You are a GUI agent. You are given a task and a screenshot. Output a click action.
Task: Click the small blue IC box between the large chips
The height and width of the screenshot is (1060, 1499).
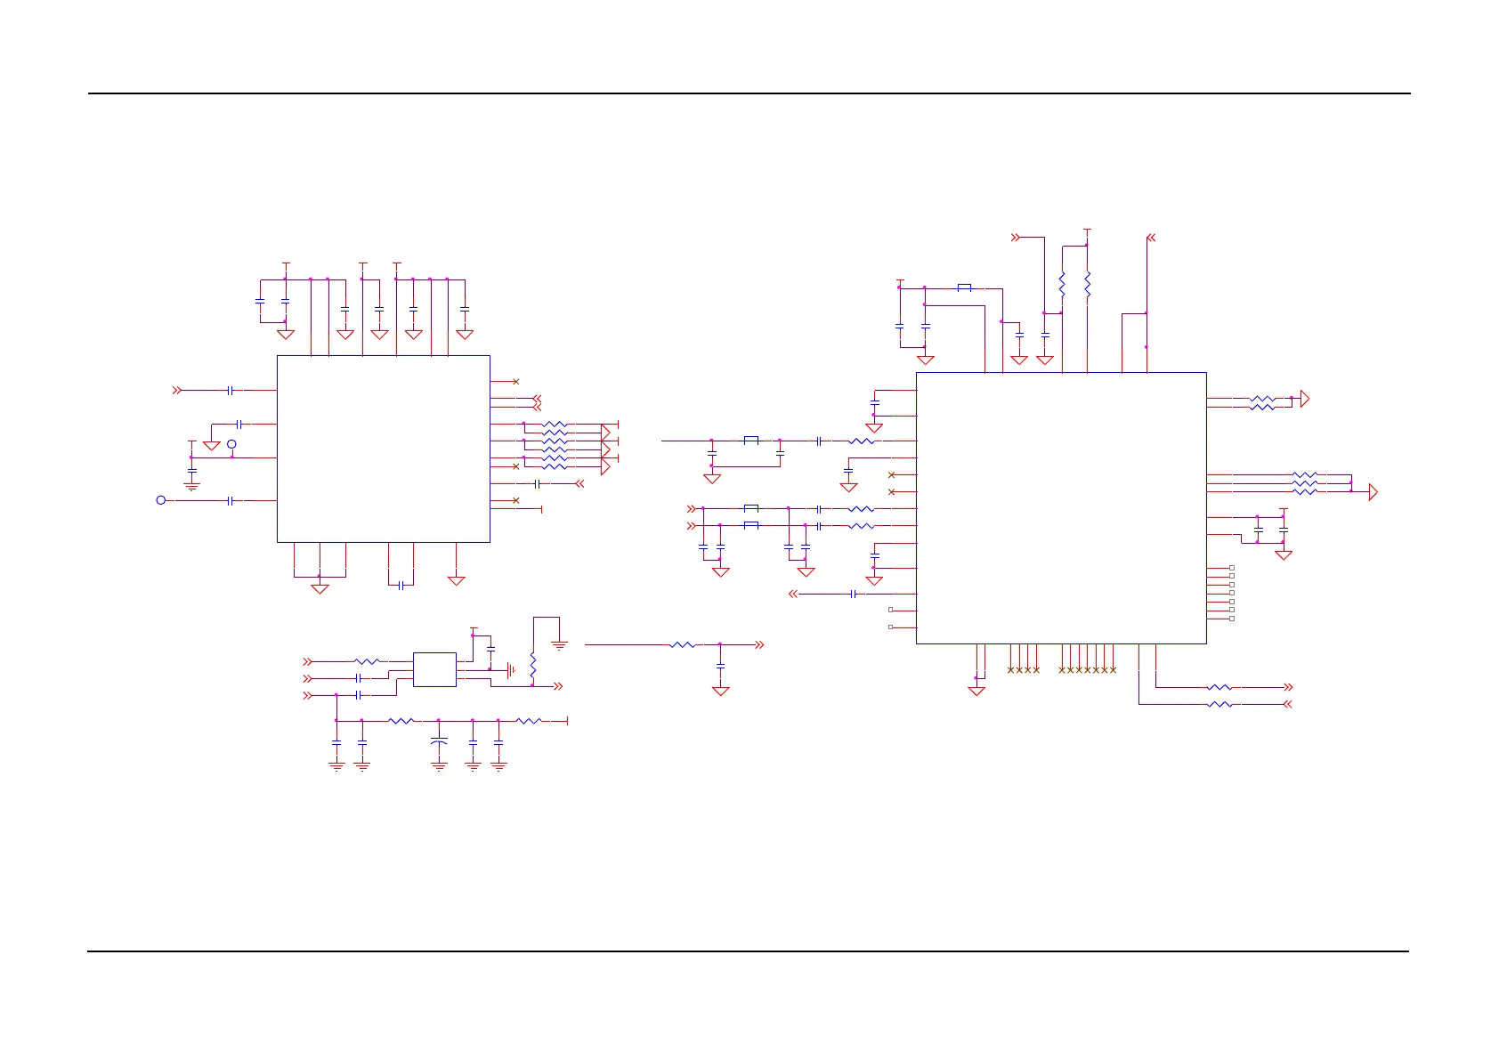tap(434, 669)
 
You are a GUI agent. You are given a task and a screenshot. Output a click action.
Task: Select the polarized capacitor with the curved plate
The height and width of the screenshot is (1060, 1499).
tap(439, 741)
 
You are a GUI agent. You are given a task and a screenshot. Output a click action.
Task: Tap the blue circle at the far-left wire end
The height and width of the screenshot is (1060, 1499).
tap(161, 500)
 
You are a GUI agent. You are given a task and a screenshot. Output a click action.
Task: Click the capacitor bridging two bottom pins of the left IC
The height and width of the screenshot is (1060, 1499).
tap(401, 585)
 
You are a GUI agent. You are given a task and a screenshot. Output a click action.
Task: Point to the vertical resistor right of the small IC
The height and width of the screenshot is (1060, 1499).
tap(532, 666)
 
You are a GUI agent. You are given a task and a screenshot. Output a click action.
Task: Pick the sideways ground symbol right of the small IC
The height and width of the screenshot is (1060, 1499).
tap(511, 669)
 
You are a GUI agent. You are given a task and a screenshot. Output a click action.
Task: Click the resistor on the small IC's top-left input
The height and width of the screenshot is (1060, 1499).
tap(367, 661)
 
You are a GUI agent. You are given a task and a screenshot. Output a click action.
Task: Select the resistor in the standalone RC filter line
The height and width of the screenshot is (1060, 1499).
tap(682, 644)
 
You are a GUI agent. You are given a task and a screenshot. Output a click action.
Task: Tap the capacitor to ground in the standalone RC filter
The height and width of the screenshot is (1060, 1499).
tap(720, 666)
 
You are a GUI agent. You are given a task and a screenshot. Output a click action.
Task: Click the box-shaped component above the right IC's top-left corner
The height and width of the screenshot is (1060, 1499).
tap(964, 287)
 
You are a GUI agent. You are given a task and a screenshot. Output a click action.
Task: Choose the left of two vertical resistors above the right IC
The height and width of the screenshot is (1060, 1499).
tap(1062, 284)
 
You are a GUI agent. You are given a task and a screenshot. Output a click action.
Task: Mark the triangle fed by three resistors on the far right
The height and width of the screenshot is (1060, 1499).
tap(1373, 491)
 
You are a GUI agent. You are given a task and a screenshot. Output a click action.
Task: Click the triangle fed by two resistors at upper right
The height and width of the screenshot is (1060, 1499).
tap(1305, 399)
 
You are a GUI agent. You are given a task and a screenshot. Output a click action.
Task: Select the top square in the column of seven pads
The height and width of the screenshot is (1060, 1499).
tap(1232, 568)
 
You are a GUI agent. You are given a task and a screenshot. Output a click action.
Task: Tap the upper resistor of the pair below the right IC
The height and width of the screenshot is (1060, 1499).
tap(1219, 687)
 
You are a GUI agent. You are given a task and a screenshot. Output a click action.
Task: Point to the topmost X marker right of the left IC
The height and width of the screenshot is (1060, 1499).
tap(516, 382)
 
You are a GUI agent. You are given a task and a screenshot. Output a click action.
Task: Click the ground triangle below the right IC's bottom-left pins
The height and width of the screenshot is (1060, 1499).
tap(976, 691)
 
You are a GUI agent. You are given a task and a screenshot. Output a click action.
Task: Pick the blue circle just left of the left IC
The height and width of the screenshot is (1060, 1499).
tap(231, 444)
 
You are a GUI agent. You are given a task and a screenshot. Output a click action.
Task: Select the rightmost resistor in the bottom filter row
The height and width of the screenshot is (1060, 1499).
tap(529, 721)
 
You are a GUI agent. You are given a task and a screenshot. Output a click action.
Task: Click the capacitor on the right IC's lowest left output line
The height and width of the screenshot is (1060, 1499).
tap(854, 594)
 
